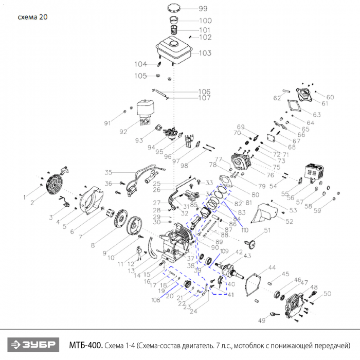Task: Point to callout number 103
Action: pyautogui.click(x=205, y=53)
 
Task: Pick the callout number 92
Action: pyautogui.click(x=123, y=132)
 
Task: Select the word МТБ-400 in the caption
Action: pyautogui.click(x=86, y=344)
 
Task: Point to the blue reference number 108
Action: pyautogui.click(x=155, y=300)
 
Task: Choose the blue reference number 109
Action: pyautogui.click(x=224, y=251)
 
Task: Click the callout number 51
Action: pyautogui.click(x=267, y=230)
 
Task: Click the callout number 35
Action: pyautogui.click(x=109, y=172)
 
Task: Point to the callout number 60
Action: pyautogui.click(x=330, y=97)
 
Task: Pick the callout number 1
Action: pyautogui.click(x=24, y=196)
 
